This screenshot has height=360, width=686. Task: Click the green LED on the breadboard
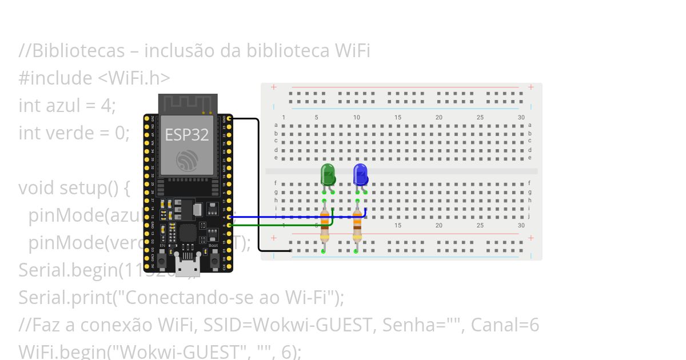(328, 174)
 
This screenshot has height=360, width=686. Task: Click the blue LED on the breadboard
(360, 174)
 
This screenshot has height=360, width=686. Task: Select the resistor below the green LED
(325, 225)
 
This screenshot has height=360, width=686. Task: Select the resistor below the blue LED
(357, 225)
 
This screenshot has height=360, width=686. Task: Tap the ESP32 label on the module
(187, 135)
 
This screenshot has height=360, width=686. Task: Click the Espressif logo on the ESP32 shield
(188, 161)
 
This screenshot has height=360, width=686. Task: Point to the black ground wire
(258, 183)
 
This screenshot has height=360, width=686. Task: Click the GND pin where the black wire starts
(229, 118)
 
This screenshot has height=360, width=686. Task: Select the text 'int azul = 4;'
(67, 105)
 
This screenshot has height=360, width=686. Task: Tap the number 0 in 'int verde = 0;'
(119, 133)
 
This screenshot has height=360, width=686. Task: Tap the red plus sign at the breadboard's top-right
(531, 87)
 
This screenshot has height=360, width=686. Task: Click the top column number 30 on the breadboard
(521, 117)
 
